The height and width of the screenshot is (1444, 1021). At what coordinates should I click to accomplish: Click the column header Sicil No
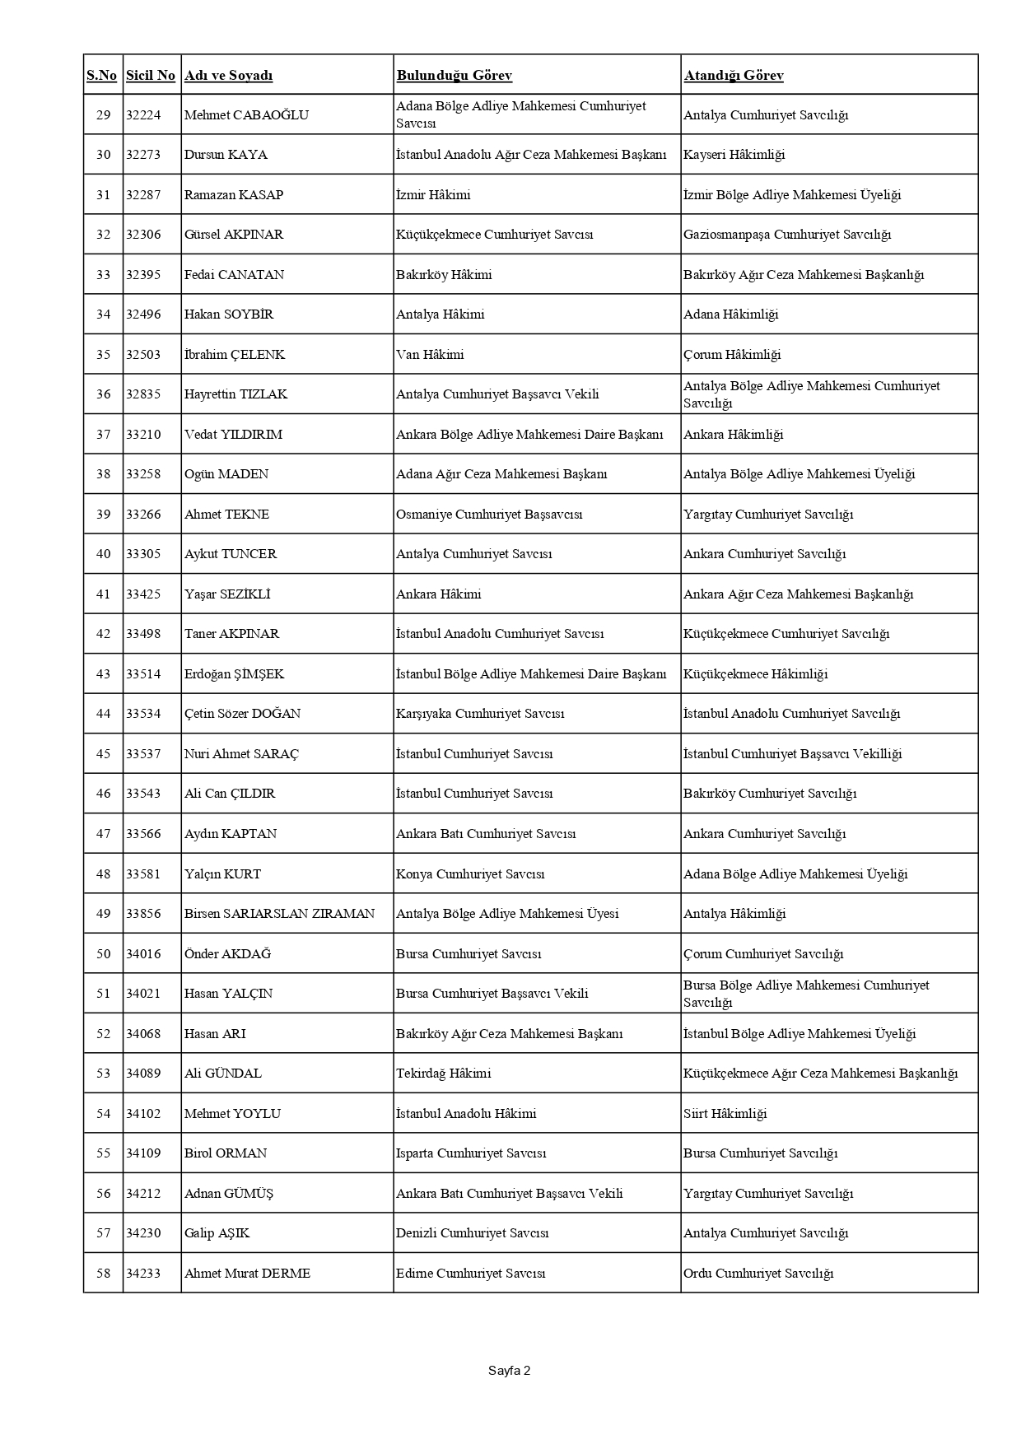[x=151, y=76]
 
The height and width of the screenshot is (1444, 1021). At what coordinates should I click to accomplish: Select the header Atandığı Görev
[x=733, y=76]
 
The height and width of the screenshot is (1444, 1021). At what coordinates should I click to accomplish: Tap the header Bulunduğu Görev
[x=455, y=76]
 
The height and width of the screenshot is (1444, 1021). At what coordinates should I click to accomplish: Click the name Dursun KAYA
[x=226, y=155]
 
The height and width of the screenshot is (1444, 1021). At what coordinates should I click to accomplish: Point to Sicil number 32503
[x=143, y=355]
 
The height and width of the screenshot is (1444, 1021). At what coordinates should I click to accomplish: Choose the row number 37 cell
[x=103, y=435]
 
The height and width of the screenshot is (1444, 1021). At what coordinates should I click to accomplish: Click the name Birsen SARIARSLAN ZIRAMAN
[x=279, y=914]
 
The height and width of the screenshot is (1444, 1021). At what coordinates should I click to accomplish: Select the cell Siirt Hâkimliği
[x=725, y=1114]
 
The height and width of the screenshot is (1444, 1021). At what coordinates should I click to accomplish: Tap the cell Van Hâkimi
[x=430, y=355]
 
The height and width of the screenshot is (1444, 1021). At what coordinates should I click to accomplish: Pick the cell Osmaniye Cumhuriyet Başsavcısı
[x=489, y=515]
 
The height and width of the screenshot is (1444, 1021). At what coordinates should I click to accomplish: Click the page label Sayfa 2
[x=509, y=1371]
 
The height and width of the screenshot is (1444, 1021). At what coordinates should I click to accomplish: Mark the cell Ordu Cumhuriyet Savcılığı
[x=758, y=1274]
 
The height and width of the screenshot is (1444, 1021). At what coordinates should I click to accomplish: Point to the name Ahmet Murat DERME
[x=247, y=1274]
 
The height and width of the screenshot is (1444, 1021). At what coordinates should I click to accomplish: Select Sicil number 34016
[x=143, y=954]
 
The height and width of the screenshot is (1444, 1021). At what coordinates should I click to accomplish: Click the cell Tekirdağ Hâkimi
[x=443, y=1074]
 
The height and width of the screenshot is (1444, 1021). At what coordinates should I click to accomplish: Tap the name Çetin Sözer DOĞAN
[x=242, y=714]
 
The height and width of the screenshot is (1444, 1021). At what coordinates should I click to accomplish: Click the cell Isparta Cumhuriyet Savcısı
[x=471, y=1153]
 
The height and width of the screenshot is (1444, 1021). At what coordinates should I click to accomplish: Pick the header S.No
[x=102, y=76]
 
